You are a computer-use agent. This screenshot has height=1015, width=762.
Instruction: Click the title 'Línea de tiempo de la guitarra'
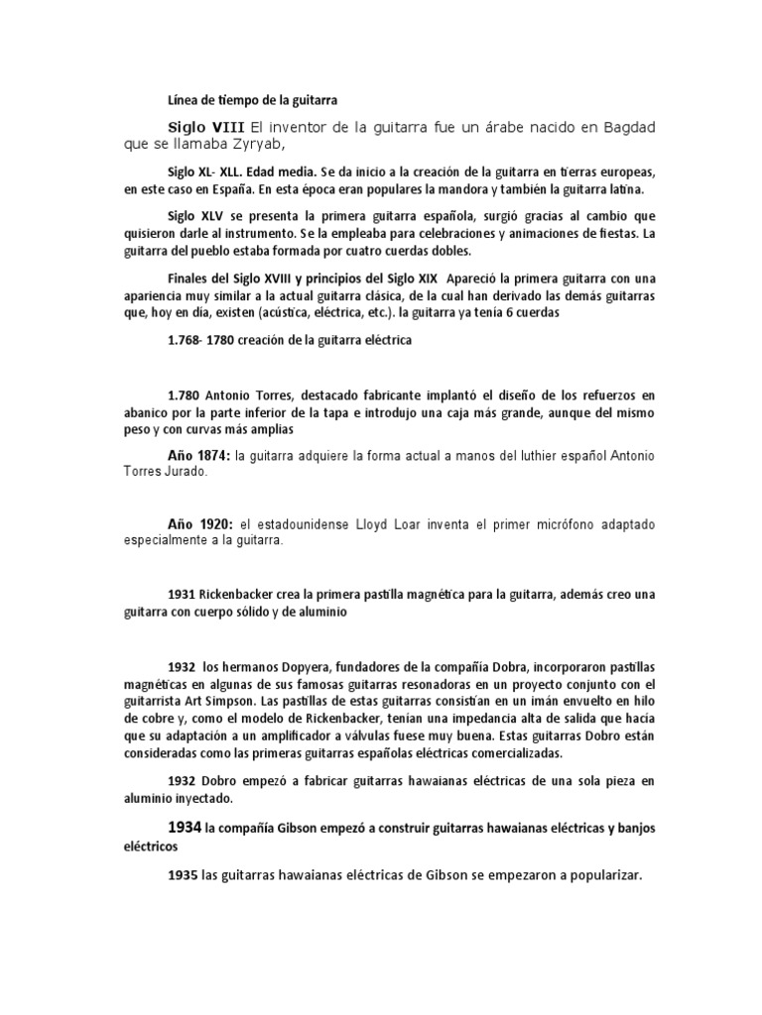point(254,99)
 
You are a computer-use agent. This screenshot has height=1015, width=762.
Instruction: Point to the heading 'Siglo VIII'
point(205,127)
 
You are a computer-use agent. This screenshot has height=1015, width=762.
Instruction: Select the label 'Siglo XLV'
point(195,216)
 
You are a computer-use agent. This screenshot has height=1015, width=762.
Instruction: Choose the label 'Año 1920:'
point(198,522)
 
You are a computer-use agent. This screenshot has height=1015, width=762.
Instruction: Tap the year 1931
point(182,595)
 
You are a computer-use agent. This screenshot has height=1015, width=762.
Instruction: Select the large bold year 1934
point(185,826)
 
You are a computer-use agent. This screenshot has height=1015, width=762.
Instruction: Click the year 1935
point(183,875)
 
